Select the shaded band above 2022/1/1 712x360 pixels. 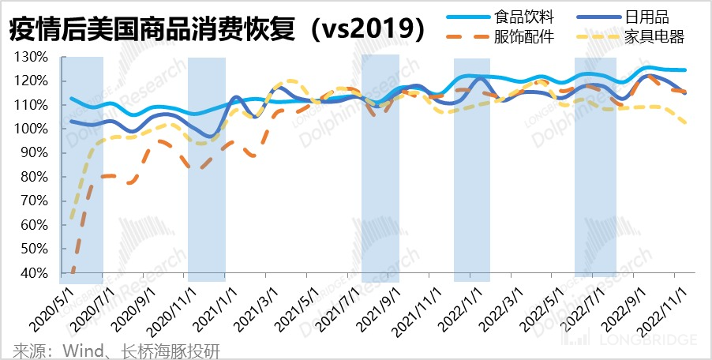pos(472,170)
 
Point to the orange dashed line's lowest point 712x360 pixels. pos(73,272)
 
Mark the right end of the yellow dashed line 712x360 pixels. pos(685,122)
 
